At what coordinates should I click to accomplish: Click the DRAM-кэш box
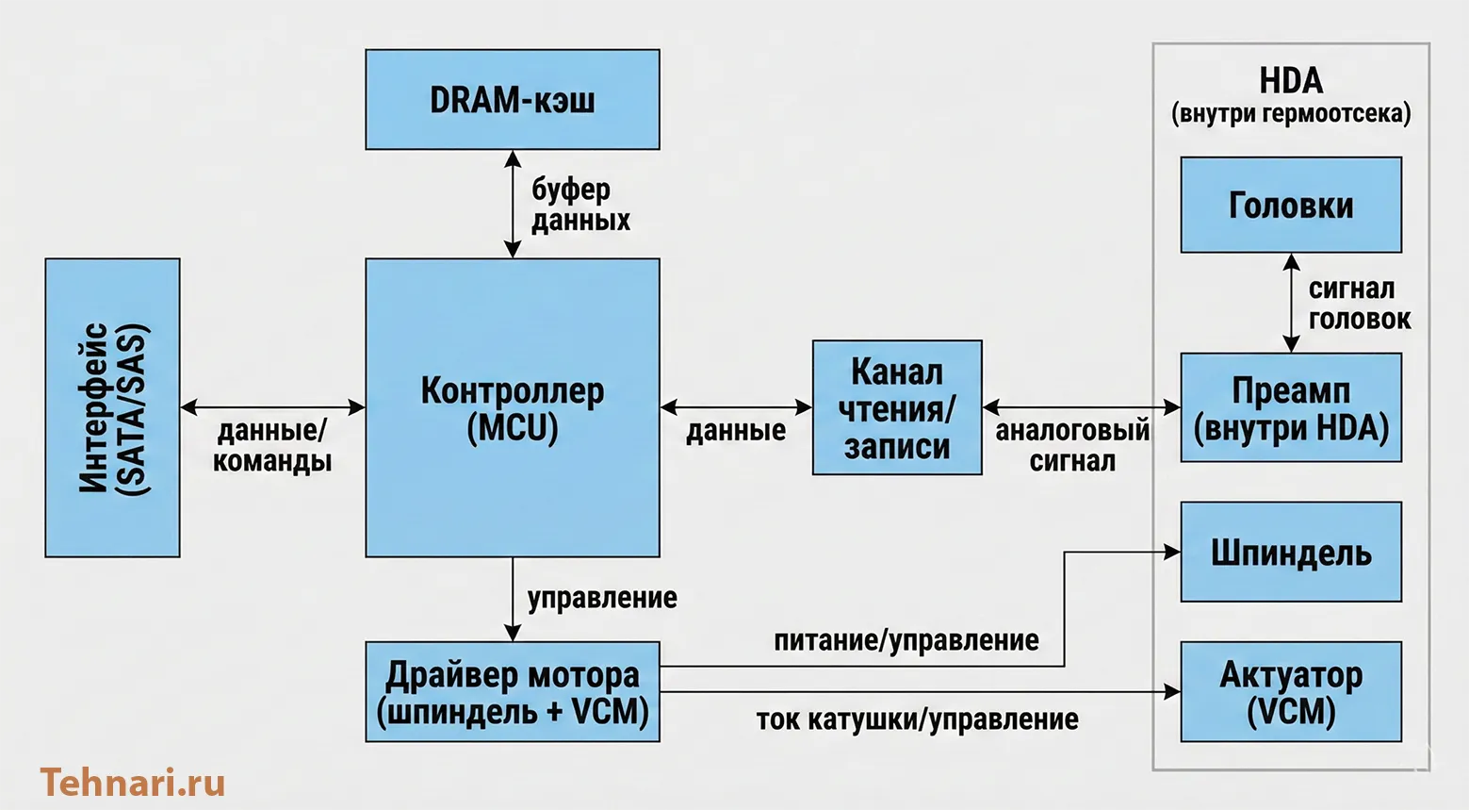click(x=513, y=100)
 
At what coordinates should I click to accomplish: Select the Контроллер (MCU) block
click(x=513, y=407)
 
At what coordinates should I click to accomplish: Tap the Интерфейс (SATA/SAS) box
click(x=112, y=407)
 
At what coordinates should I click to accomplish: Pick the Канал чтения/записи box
click(x=897, y=407)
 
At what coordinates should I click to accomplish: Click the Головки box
click(x=1291, y=205)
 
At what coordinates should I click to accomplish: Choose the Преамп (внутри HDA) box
click(x=1291, y=407)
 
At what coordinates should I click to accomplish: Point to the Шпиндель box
click(x=1291, y=552)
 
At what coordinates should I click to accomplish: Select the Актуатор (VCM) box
click(x=1291, y=691)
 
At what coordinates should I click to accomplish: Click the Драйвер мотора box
click(x=513, y=691)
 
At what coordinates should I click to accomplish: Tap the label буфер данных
click(x=579, y=205)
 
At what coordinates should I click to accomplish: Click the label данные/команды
click(x=272, y=446)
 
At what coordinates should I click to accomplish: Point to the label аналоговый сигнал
click(x=1072, y=446)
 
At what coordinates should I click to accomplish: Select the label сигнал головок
click(x=1359, y=304)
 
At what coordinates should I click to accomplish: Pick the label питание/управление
click(x=906, y=641)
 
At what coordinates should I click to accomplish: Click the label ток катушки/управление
click(x=917, y=719)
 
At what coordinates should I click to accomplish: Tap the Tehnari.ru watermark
click(x=133, y=783)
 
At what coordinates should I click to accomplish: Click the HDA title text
click(x=1291, y=82)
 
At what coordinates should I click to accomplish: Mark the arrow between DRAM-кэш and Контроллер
click(x=513, y=204)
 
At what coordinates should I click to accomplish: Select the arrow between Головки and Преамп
click(x=1291, y=303)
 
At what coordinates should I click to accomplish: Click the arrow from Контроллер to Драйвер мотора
click(x=513, y=599)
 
